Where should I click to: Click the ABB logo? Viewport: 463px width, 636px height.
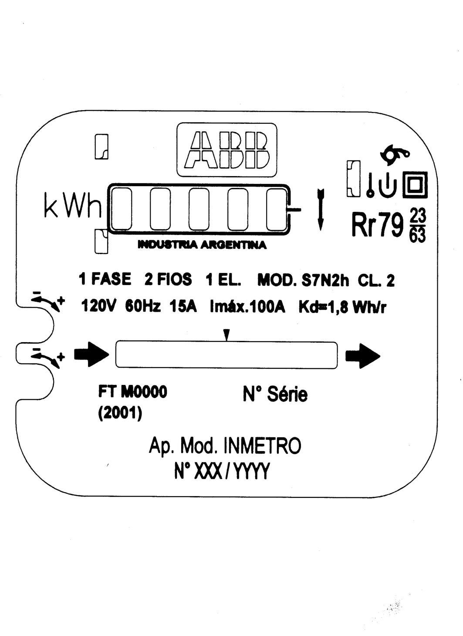click(226, 150)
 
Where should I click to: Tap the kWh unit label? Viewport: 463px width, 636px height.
click(73, 205)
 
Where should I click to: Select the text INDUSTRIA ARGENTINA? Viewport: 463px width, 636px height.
click(202, 245)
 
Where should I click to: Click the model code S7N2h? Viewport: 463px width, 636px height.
click(325, 281)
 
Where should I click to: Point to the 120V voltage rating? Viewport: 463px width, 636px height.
click(98, 306)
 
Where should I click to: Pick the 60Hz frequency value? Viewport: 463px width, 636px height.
click(143, 306)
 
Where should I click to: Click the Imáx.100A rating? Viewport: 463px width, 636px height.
click(247, 306)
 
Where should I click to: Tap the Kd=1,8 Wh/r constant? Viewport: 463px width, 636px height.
click(342, 307)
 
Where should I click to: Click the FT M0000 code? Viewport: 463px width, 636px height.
click(132, 392)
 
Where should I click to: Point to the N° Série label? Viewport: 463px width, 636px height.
click(275, 394)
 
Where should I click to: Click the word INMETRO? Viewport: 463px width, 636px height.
click(262, 446)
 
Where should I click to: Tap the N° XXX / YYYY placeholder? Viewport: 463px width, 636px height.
click(222, 471)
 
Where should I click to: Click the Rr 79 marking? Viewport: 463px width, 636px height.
click(377, 225)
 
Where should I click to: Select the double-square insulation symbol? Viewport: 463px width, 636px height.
click(415, 184)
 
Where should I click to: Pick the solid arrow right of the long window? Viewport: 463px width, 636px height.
click(362, 356)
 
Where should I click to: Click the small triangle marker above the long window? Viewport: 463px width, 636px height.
click(226, 335)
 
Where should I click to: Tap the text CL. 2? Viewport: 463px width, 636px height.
click(376, 281)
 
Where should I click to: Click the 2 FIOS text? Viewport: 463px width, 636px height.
click(168, 279)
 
